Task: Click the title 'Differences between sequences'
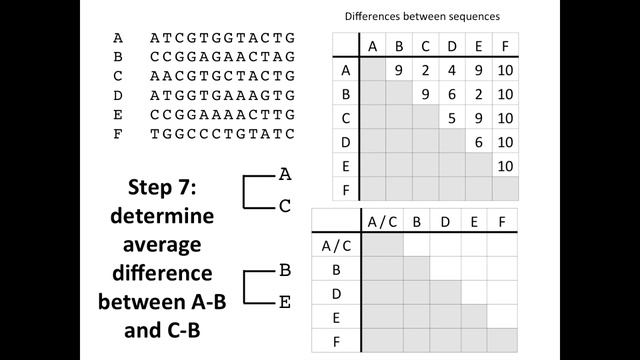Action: [422, 17]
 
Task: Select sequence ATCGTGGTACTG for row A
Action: [222, 39]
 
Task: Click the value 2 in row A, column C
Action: [425, 70]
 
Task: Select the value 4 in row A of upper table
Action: [451, 70]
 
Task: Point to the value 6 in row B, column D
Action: [451, 94]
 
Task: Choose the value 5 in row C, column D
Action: [451, 118]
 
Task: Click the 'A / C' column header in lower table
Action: [383, 221]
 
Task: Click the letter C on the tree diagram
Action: [285, 206]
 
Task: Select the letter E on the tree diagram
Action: [285, 302]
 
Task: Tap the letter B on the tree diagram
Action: [285, 270]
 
